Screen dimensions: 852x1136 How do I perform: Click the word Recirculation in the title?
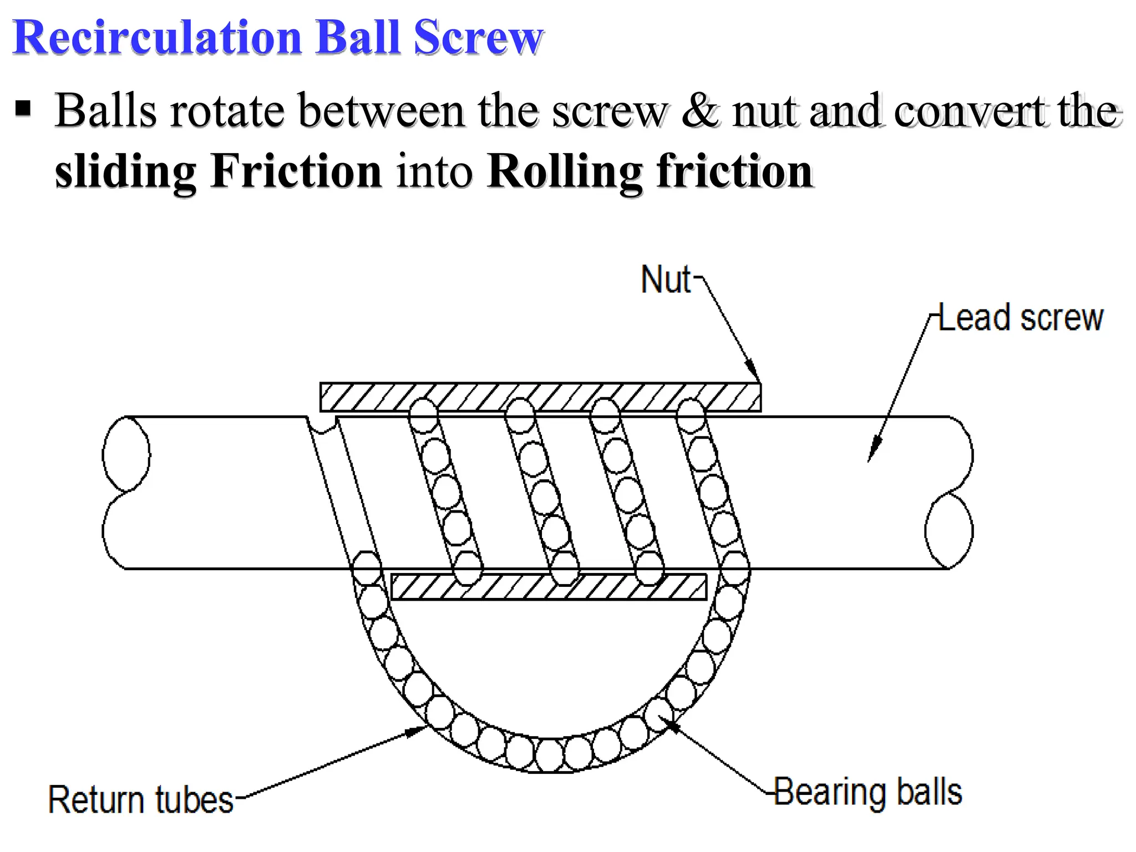156,38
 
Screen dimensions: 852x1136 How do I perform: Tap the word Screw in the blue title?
478,38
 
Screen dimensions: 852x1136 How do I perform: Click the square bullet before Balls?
23,109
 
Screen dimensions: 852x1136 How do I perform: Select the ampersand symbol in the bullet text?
700,111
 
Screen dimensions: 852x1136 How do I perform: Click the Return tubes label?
141,800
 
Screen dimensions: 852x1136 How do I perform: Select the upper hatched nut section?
540,397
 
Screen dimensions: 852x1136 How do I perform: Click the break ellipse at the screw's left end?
126,454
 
